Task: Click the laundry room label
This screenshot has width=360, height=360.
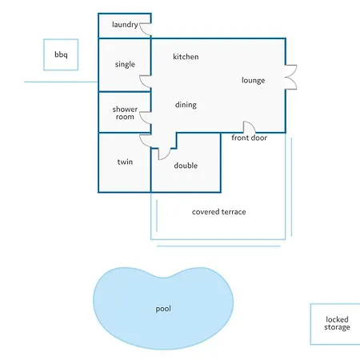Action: [x=125, y=25]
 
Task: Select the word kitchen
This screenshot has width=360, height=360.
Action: [x=186, y=57]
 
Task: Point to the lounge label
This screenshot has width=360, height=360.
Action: [x=253, y=81]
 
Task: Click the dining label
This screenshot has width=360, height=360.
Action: [x=186, y=105]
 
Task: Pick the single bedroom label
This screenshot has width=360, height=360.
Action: [x=125, y=64]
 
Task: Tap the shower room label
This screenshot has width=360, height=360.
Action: [x=125, y=113]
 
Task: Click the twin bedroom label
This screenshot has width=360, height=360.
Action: [x=125, y=162]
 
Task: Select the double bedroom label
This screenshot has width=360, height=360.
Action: [x=186, y=166]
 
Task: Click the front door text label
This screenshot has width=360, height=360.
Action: [x=249, y=138]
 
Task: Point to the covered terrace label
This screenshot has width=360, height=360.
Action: [x=218, y=212]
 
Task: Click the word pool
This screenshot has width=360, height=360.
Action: [x=163, y=309]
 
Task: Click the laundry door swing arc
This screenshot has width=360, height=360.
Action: [x=142, y=31]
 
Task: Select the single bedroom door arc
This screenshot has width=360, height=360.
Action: [x=142, y=84]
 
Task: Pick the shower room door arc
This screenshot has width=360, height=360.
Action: [x=142, y=120]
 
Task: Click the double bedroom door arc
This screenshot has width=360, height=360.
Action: [x=167, y=157]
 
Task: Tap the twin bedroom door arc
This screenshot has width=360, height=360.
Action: [x=143, y=142]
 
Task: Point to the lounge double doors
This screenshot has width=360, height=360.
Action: [x=294, y=77]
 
